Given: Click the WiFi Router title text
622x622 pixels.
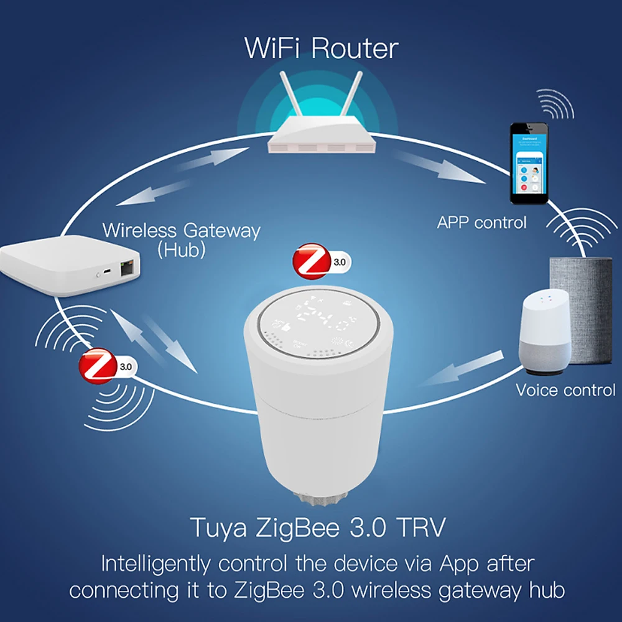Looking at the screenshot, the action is click(x=321, y=48).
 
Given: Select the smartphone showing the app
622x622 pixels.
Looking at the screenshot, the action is click(x=529, y=163).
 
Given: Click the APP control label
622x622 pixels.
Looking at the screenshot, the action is click(x=481, y=222).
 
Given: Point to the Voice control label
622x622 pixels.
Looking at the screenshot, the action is click(x=565, y=390).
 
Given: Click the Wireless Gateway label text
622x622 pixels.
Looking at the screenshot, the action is click(x=181, y=230).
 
